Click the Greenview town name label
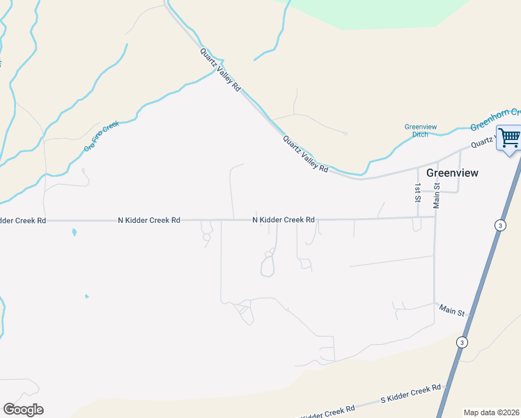tap(452, 173)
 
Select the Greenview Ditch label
tap(421, 130)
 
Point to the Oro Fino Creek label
tap(102, 136)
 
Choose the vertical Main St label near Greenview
tap(437, 194)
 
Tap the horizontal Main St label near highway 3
tap(452, 310)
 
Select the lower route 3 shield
tap(461, 342)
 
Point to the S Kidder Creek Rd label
tap(411, 394)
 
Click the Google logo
tap(23, 410)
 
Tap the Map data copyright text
tap(491, 412)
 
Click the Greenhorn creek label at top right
tap(495, 119)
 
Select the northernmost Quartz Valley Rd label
tap(220, 70)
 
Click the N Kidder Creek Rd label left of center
tap(149, 220)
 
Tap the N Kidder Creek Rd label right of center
tap(283, 219)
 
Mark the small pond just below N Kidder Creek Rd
tap(73, 233)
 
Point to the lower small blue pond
tap(86, 297)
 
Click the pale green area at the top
tap(376, 13)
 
